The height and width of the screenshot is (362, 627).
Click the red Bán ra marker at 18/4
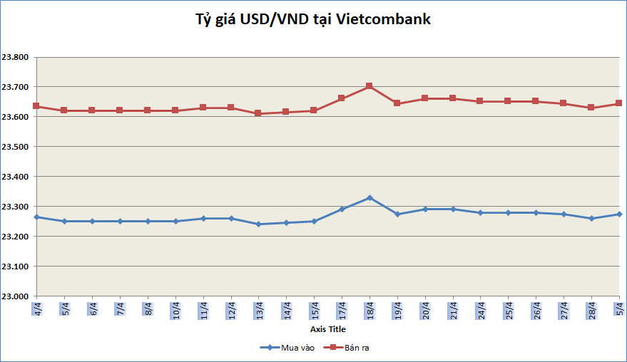[x=369, y=86]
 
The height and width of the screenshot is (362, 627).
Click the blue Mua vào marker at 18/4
[x=369, y=197]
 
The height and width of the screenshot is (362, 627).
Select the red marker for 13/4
[x=258, y=113]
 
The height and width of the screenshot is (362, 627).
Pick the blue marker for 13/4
[x=258, y=224]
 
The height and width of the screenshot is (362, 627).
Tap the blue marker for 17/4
[x=342, y=210]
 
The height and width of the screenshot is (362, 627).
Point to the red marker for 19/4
[x=397, y=103]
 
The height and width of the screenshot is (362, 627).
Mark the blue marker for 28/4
[x=591, y=218]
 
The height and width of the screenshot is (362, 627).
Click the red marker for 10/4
[x=175, y=110]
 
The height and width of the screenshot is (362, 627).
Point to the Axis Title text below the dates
[x=327, y=330]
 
